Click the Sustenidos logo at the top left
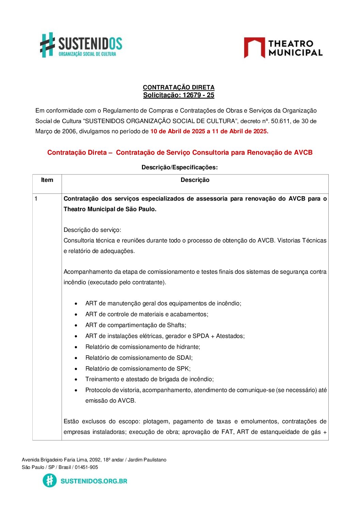click(81, 45)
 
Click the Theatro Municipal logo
click(283, 48)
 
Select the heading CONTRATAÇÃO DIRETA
click(179, 87)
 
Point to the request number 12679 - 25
click(198, 95)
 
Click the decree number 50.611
click(281, 121)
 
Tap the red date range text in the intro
click(209, 131)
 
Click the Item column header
click(47, 180)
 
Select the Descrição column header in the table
click(195, 180)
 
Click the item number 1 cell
click(36, 199)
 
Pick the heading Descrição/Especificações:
click(180, 167)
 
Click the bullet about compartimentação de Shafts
click(135, 325)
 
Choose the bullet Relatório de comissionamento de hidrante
click(143, 347)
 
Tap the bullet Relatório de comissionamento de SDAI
click(139, 358)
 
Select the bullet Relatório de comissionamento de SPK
click(138, 369)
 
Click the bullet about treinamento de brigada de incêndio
click(149, 379)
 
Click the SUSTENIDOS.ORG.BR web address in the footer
click(94, 481)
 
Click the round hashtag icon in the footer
click(50, 480)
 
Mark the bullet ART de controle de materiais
click(147, 314)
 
